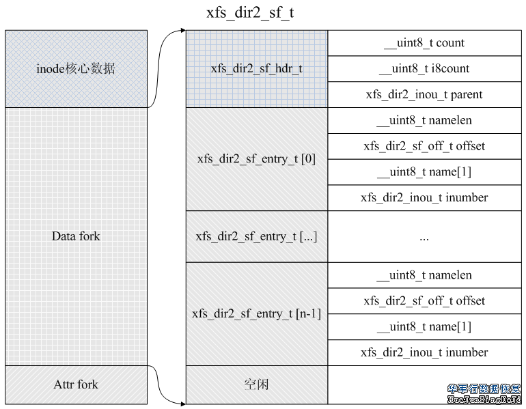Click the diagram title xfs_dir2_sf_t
[x=251, y=13]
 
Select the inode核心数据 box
[x=76, y=68]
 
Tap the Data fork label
[x=76, y=236]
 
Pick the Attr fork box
[x=76, y=384]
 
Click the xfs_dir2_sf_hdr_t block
[x=257, y=68]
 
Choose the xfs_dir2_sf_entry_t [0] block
[x=257, y=159]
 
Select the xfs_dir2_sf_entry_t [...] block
[x=257, y=236]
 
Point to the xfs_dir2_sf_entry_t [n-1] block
[x=257, y=314]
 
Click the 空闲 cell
[x=257, y=384]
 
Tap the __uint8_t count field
[x=424, y=43]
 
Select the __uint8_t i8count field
[x=424, y=69]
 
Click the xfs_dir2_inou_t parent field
[x=424, y=95]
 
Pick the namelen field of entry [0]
[x=424, y=121]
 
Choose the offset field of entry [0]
[x=424, y=146]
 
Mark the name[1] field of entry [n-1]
[x=424, y=327]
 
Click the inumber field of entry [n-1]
[x=424, y=352]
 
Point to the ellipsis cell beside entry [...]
[x=424, y=237]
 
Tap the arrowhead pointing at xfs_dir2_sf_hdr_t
[x=183, y=30]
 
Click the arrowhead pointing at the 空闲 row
[x=182, y=404]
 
